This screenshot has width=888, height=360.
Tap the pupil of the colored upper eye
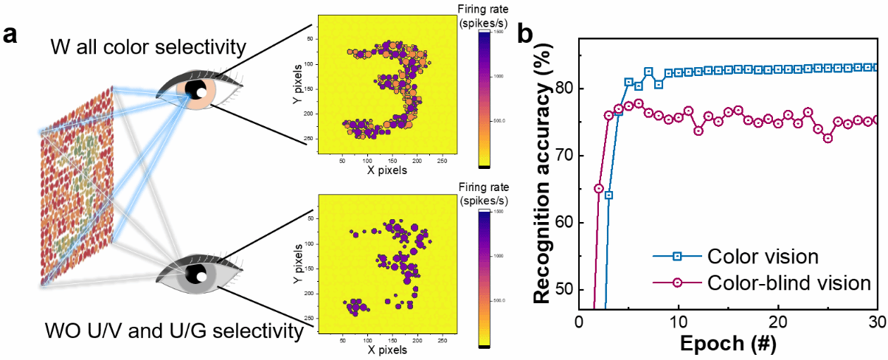click(198, 91)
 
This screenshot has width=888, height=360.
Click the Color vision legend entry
click(760, 257)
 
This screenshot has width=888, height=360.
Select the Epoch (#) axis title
click(728, 345)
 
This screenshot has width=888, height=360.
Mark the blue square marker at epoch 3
click(609, 195)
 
